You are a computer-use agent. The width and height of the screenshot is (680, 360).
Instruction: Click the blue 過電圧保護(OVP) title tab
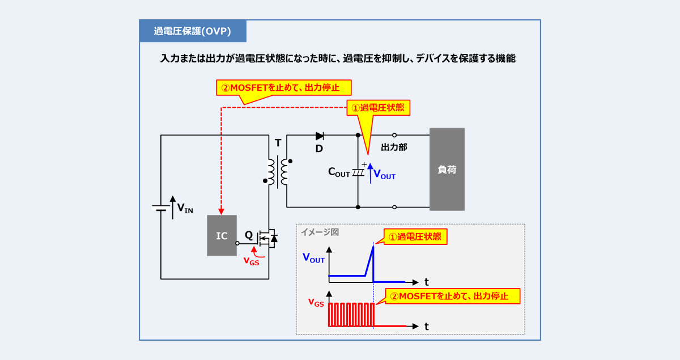(193, 32)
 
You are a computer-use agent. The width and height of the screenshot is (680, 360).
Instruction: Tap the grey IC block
(222, 236)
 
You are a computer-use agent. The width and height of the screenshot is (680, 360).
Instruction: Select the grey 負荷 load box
(447, 170)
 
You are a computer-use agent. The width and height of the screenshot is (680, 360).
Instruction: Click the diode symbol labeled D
(320, 136)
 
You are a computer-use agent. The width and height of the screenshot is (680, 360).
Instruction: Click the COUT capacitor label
(339, 172)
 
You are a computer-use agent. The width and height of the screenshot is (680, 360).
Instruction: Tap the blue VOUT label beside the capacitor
(384, 175)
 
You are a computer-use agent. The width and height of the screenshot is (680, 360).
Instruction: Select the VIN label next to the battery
(185, 209)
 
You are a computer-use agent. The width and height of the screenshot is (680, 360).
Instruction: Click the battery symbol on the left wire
(161, 207)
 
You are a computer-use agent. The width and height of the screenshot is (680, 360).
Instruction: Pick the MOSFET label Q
(249, 235)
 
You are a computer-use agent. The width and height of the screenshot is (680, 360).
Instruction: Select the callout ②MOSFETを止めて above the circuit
(284, 88)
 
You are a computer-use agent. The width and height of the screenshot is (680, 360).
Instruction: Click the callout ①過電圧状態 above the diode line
(378, 108)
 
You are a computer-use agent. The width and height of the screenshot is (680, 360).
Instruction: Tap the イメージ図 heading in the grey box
(320, 232)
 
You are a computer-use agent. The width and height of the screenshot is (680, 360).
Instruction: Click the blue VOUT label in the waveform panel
(313, 258)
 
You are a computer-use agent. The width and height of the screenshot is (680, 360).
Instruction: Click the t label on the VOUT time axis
(426, 282)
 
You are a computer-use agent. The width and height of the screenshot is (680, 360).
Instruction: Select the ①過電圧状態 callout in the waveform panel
(415, 236)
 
